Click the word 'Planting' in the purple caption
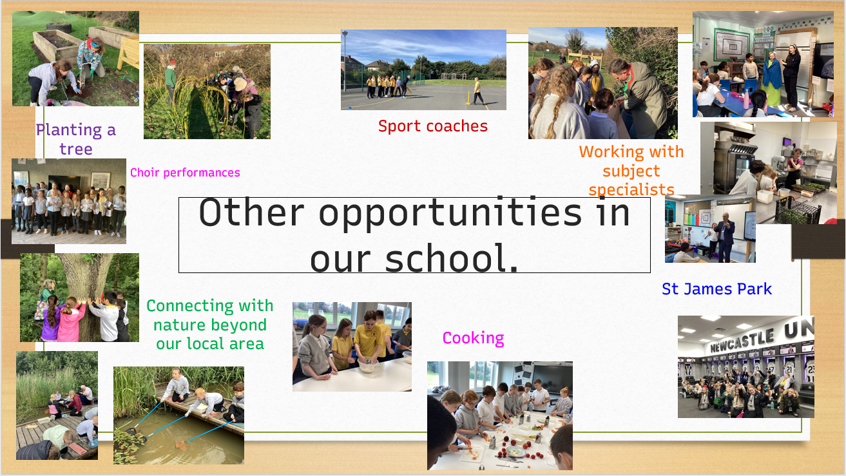tap(69, 131)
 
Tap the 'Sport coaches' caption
tap(433, 126)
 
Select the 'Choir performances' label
tap(185, 173)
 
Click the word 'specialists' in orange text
tap(631, 189)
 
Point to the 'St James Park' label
tap(717, 289)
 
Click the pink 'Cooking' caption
tap(473, 338)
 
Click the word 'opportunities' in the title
tap(450, 214)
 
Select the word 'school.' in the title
tap(451, 258)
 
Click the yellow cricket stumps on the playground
tap(468, 97)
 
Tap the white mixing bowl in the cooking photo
tap(368, 365)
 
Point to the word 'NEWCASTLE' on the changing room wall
tap(742, 341)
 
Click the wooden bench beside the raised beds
tap(128, 53)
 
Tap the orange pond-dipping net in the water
tap(181, 446)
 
